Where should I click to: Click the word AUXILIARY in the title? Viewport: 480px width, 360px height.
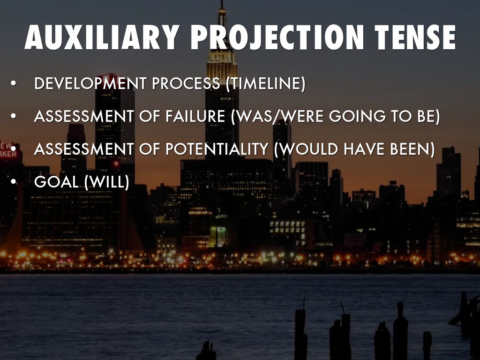tap(102, 37)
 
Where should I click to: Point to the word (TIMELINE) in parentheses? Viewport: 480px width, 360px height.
tap(266, 83)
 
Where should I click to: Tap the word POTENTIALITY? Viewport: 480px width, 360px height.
tap(217, 149)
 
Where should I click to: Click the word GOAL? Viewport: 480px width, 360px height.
tap(56, 182)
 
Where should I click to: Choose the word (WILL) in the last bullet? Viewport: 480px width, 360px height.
tap(106, 182)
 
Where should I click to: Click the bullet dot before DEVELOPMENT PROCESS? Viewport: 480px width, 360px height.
tap(13, 83)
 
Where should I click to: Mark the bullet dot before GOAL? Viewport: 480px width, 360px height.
tap(13, 181)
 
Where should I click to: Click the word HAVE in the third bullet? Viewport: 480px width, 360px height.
tap(361, 149)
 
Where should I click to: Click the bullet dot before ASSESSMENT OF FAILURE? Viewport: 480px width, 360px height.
tap(13, 116)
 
